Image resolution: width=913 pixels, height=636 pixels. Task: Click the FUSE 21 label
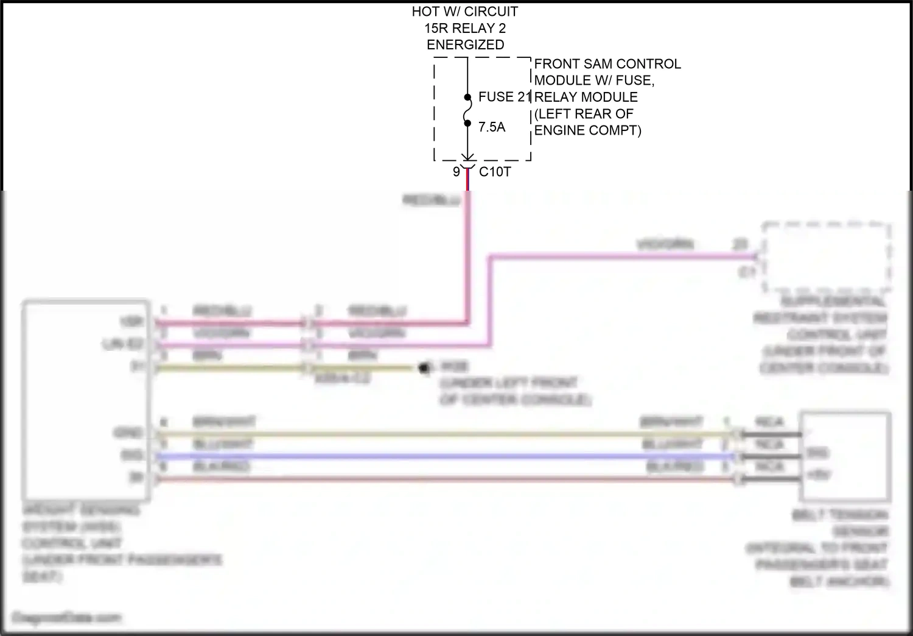coord(505,97)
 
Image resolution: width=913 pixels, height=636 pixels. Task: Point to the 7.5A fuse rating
coord(492,127)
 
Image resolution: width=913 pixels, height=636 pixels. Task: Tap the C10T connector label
coord(495,172)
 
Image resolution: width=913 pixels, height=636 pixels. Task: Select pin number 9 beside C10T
coord(456,172)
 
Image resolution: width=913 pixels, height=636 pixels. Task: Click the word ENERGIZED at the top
coord(465,44)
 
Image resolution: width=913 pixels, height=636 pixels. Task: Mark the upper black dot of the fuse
coord(467,97)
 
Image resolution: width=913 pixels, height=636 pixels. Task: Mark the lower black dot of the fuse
coord(467,123)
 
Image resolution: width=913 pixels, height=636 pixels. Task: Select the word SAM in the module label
coord(589,64)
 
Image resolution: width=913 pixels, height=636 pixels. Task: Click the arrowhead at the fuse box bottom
coord(467,157)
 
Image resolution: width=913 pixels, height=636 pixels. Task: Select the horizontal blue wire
coord(444,457)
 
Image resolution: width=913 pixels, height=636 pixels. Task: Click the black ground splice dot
coord(424,368)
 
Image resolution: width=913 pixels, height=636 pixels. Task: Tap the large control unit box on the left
coord(85,399)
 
